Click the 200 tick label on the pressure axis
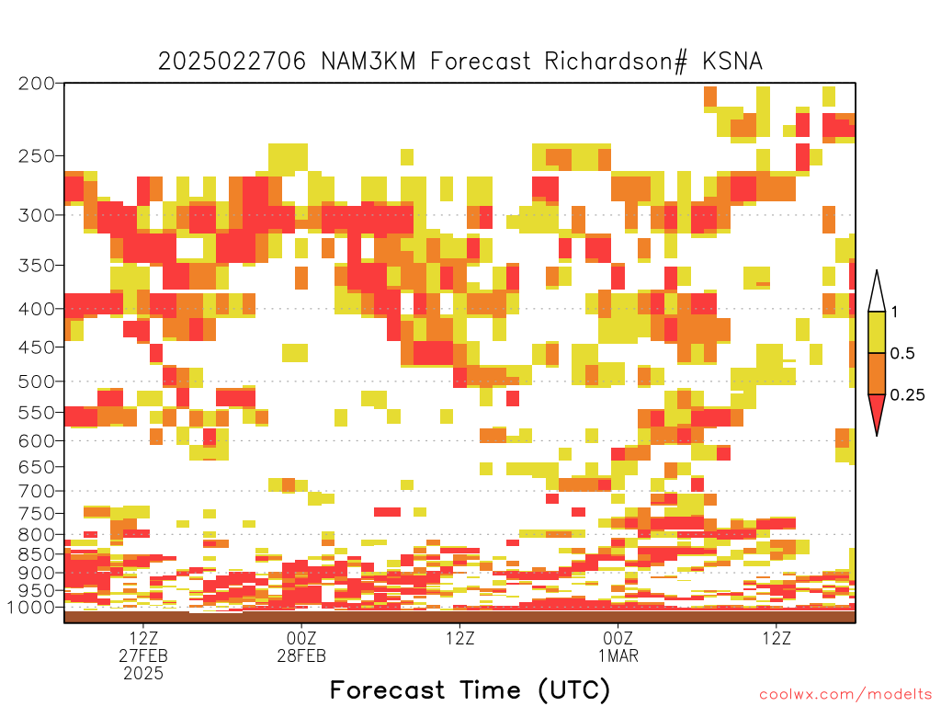point(36,84)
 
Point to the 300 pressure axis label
point(36,215)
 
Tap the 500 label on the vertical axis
point(36,381)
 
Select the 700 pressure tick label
point(36,491)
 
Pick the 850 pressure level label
point(36,554)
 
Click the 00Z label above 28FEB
point(301,638)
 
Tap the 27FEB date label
point(142,655)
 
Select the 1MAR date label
point(618,655)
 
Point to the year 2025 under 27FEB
point(142,674)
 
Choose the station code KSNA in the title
point(732,62)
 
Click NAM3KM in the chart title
point(368,62)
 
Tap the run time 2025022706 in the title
point(232,62)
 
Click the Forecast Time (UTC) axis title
point(470,689)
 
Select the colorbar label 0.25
point(907,394)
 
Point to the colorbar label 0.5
point(902,353)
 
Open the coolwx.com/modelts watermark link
point(850,695)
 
